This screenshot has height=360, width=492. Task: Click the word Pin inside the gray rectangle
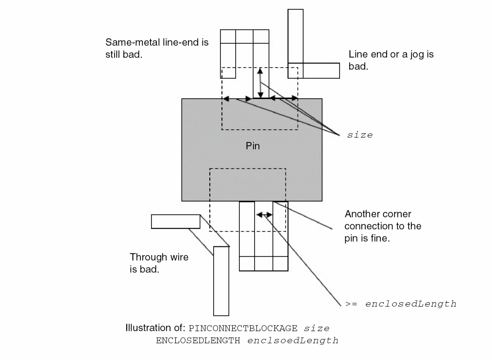(x=253, y=146)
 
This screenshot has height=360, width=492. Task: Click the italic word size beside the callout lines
(x=359, y=135)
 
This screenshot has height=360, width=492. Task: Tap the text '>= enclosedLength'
(x=401, y=304)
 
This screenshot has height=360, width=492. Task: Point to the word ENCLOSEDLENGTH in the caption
(x=199, y=341)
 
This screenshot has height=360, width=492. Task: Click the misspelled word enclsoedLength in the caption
(x=292, y=341)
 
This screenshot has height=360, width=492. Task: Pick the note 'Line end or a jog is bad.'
(x=391, y=60)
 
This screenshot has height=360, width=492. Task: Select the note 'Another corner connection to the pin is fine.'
(x=383, y=226)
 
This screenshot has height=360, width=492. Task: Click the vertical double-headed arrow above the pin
(x=260, y=83)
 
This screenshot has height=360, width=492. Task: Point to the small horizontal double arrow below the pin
(x=264, y=214)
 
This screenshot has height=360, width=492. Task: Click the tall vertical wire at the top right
(x=295, y=36)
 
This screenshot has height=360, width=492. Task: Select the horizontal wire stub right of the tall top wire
(x=321, y=70)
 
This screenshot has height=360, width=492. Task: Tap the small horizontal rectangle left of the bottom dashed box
(x=175, y=222)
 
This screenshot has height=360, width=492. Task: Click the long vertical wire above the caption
(x=221, y=281)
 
